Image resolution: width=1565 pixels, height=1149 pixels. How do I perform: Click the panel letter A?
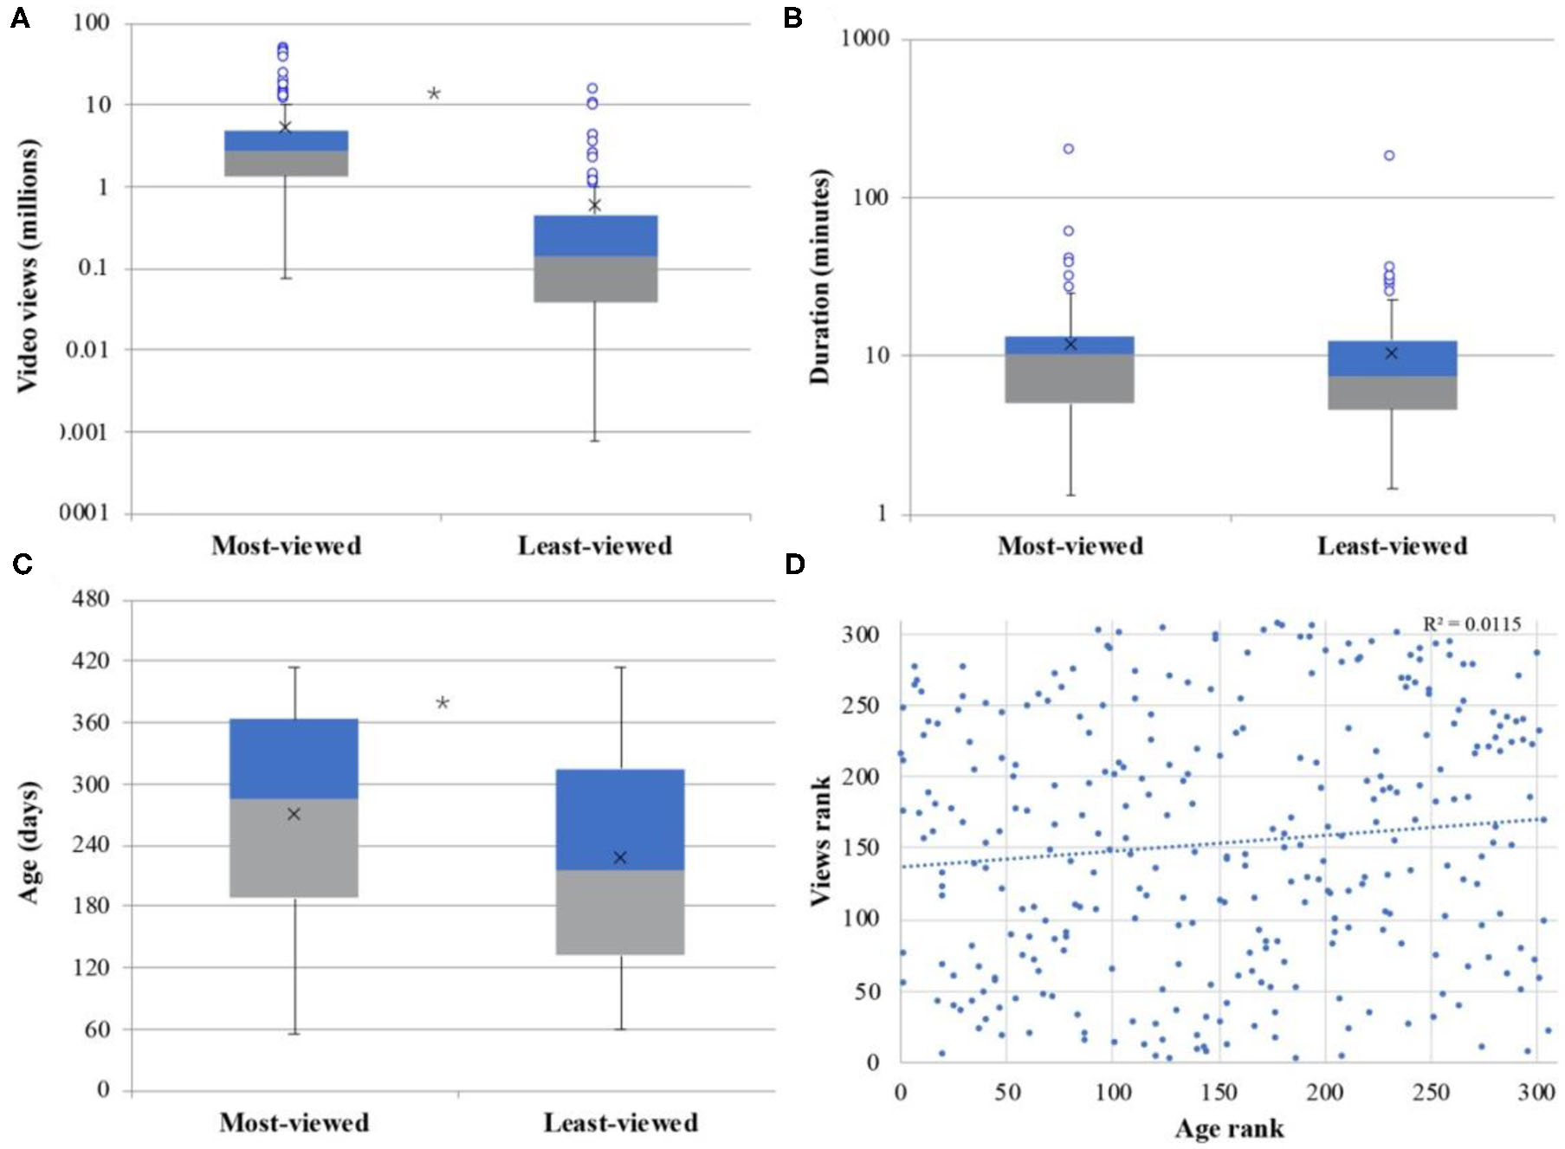click(x=20, y=18)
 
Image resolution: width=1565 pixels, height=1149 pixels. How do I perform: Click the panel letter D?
click(x=794, y=565)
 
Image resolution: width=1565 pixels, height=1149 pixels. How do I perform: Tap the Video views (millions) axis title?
click(x=28, y=266)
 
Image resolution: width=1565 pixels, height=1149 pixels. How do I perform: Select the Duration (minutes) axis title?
click(x=819, y=276)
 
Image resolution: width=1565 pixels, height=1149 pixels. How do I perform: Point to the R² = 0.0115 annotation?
click(x=1471, y=624)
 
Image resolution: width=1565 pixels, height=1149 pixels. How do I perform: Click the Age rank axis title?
click(x=1229, y=1128)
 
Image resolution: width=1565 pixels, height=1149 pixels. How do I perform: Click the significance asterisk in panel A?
click(x=434, y=94)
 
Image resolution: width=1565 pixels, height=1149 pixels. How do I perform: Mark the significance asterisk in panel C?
click(x=443, y=703)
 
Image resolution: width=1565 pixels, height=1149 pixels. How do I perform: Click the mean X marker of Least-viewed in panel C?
click(x=620, y=857)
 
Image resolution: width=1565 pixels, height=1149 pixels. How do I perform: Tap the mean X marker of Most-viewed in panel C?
click(x=294, y=814)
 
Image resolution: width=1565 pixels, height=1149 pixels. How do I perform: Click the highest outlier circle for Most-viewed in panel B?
click(x=1069, y=149)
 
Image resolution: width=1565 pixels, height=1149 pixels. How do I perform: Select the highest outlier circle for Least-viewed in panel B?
click(x=1389, y=156)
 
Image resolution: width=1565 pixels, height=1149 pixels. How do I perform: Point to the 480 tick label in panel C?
click(x=91, y=599)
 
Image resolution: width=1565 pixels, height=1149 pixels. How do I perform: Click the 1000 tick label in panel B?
click(x=865, y=38)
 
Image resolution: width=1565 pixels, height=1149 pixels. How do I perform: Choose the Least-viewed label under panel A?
click(x=595, y=545)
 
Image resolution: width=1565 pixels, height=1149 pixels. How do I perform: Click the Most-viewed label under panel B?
click(x=1070, y=545)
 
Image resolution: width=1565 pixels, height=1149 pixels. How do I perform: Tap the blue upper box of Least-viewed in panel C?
click(x=620, y=819)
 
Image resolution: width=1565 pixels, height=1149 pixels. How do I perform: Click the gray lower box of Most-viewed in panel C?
click(x=294, y=849)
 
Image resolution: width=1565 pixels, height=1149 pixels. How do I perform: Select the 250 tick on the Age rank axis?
click(x=1431, y=1092)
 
